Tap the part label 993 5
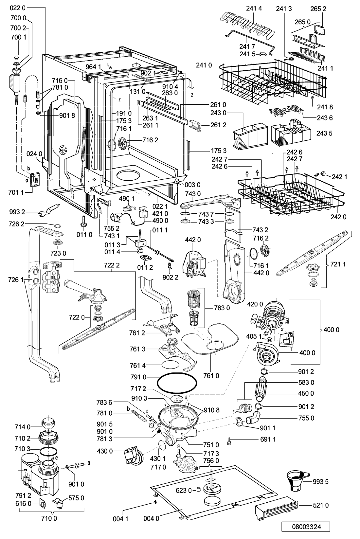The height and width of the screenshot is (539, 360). point(320,482)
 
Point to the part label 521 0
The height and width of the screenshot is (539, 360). point(321,505)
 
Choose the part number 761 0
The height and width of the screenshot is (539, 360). point(211,376)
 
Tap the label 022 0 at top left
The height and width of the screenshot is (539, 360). point(18,8)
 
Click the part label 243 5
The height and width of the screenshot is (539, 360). point(324,133)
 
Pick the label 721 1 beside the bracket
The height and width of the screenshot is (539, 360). point(338,264)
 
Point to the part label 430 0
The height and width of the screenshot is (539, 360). point(105,451)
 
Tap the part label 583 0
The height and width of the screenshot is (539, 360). point(306,382)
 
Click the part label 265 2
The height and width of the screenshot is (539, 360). point(318,9)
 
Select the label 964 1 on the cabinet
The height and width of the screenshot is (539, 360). point(93,67)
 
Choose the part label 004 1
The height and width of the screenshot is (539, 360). point(120,519)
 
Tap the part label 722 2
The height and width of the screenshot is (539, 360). point(112,265)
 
